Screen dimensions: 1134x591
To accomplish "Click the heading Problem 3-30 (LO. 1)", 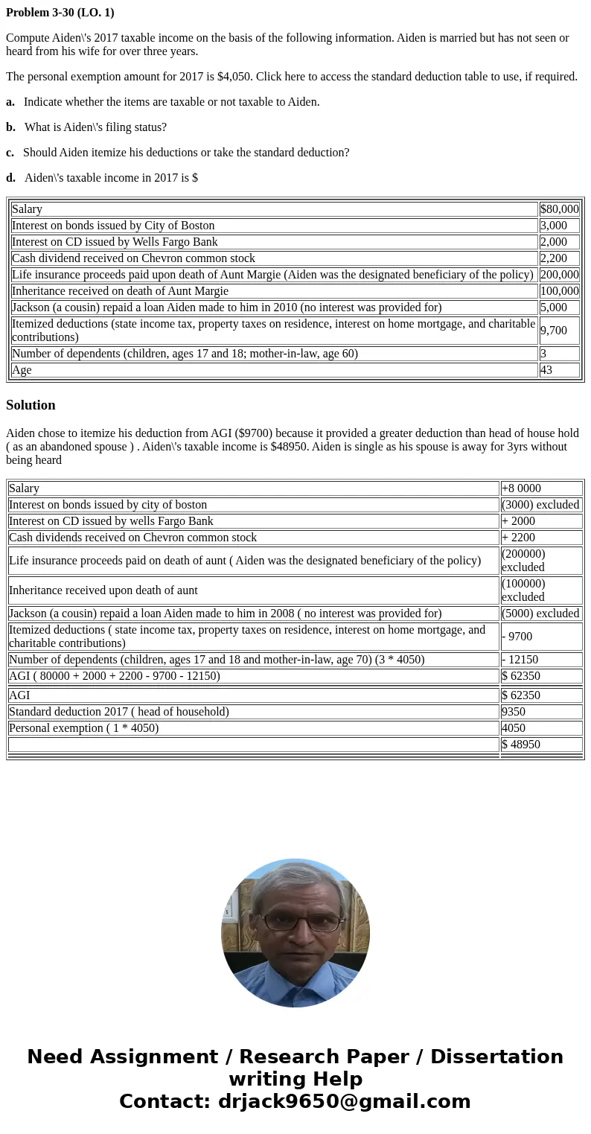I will [x=60, y=13].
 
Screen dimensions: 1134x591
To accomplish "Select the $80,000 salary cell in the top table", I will [x=559, y=209].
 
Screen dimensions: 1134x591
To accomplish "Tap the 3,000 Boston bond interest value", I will [x=554, y=226].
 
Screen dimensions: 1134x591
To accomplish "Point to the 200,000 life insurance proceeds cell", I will [x=559, y=275].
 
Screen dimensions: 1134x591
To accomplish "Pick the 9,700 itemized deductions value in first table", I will [x=554, y=331].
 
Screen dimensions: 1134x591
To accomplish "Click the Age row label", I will [x=22, y=370].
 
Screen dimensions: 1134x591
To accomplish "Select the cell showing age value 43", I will [x=546, y=370].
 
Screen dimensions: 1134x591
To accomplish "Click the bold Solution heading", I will [x=31, y=405].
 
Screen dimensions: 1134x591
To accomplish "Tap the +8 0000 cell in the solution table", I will [x=521, y=488].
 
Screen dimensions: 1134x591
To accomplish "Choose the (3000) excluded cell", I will [x=540, y=505].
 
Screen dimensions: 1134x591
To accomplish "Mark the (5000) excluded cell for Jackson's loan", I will [x=540, y=614].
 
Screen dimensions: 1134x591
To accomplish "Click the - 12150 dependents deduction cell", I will [x=520, y=660].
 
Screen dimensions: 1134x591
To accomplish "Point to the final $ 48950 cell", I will [x=521, y=745].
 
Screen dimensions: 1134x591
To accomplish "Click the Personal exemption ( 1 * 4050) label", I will [x=83, y=728].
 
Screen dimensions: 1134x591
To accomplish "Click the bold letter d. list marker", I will [x=10, y=178].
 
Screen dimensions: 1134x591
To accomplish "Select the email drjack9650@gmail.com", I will [x=344, y=1102].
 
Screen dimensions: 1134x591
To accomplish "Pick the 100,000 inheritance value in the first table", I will [x=559, y=291].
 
